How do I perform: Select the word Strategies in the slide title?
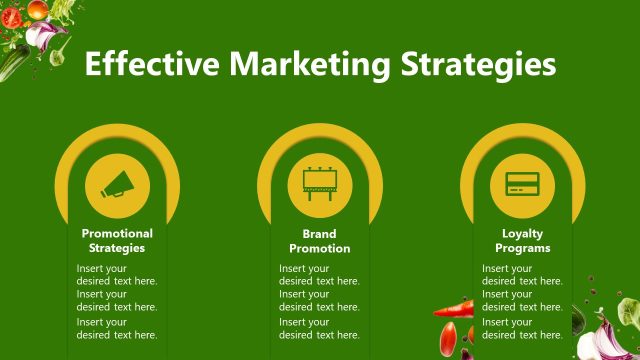477,64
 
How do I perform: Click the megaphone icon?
117,184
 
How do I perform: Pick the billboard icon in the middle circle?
320,184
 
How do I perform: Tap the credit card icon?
522,184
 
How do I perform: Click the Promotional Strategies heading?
117,240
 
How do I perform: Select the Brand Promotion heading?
320,240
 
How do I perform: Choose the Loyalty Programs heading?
522,240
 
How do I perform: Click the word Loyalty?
522,233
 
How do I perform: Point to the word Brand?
320,233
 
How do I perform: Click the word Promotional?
117,233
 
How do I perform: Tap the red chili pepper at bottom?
455,308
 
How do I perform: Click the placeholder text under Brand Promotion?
319,301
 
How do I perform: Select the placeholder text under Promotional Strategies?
117,301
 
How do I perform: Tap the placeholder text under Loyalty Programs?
522,301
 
